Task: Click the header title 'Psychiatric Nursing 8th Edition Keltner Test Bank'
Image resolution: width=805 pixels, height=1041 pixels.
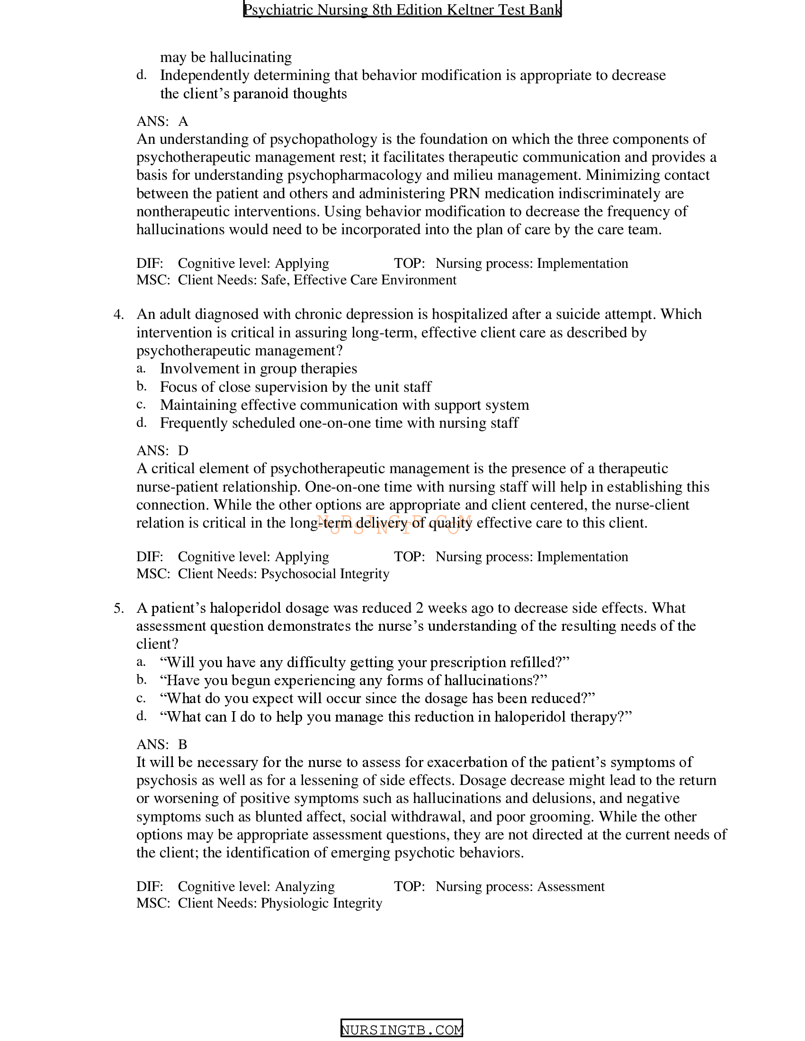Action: (402, 9)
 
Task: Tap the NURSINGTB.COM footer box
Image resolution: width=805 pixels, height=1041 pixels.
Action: (402, 1030)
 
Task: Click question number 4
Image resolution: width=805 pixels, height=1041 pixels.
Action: (118, 315)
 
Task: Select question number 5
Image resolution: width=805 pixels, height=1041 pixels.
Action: (118, 608)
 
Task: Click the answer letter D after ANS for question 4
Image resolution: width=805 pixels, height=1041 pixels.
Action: (183, 450)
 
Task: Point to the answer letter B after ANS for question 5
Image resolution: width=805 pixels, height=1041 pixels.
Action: (183, 744)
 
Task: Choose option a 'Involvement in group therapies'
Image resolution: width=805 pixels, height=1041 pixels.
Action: (258, 369)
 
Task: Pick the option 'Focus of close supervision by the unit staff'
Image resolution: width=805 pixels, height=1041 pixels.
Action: (295, 387)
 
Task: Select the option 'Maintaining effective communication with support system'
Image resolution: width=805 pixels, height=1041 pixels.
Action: (344, 405)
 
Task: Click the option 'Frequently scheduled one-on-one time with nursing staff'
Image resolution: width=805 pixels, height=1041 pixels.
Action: (339, 423)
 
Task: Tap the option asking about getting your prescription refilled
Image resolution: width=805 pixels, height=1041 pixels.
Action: (365, 662)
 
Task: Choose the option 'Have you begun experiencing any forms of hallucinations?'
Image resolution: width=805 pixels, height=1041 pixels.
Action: (353, 680)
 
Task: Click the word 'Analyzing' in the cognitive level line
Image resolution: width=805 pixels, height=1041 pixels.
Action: (305, 887)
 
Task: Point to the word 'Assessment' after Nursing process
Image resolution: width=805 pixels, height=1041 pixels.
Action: (571, 887)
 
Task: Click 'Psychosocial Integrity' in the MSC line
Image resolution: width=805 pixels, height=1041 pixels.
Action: (325, 573)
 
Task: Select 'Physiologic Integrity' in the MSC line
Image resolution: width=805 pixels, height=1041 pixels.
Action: (321, 903)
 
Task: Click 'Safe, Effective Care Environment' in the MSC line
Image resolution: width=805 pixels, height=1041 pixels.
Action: (358, 280)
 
